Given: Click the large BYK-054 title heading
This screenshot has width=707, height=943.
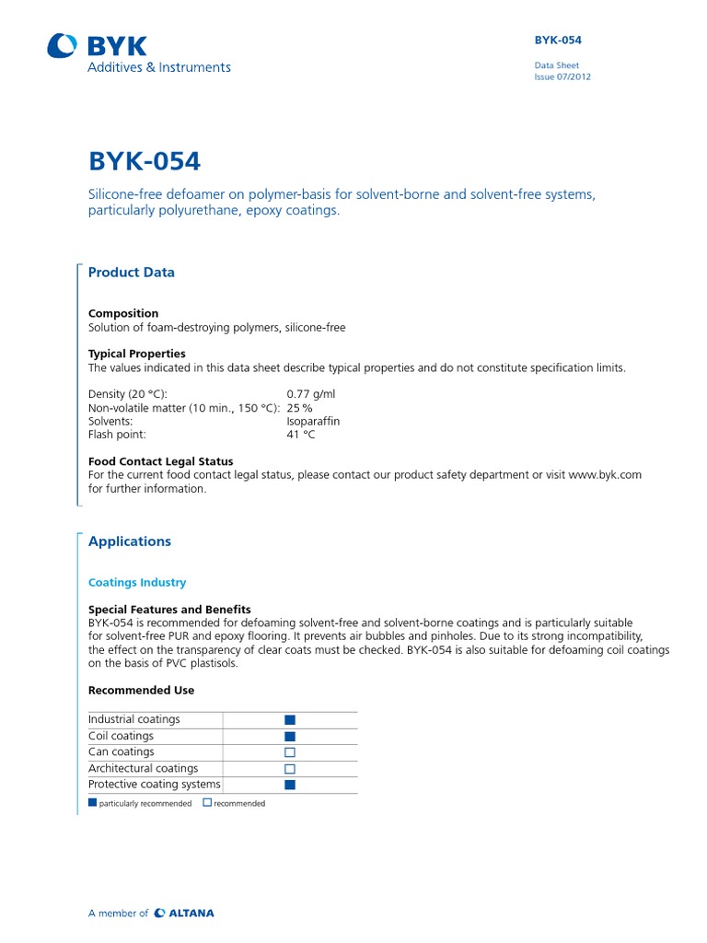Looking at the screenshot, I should pyautogui.click(x=144, y=161).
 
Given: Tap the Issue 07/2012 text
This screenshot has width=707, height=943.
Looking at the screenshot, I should pyautogui.click(x=562, y=77).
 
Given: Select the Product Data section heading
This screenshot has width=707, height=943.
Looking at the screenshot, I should pyautogui.click(x=131, y=273).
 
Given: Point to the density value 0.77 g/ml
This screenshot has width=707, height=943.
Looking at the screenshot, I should pyautogui.click(x=312, y=393).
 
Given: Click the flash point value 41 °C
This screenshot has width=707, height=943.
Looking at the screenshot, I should pyautogui.click(x=300, y=435).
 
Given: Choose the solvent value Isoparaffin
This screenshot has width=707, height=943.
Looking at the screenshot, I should pyautogui.click(x=313, y=421).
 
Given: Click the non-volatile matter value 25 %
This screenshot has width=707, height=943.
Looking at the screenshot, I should pyautogui.click(x=299, y=407).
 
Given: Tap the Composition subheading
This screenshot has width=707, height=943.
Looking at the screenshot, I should pyautogui.click(x=123, y=313).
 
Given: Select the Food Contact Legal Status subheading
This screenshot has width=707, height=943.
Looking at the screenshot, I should pyautogui.click(x=160, y=461).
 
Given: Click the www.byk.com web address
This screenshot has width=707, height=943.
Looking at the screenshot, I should pyautogui.click(x=605, y=475).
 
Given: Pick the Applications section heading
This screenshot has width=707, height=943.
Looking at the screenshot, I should pyautogui.click(x=129, y=541).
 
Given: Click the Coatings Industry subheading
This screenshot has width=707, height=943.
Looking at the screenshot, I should pyautogui.click(x=136, y=583).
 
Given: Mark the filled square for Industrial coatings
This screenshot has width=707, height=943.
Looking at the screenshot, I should pyautogui.click(x=290, y=720).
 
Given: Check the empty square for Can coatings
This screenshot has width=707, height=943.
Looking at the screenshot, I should pyautogui.click(x=290, y=752).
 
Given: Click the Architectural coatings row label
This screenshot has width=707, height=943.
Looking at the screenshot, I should pyautogui.click(x=143, y=768).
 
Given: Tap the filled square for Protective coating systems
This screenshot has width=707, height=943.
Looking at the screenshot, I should pyautogui.click(x=290, y=785).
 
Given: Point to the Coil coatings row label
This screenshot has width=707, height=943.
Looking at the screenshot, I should pyautogui.click(x=121, y=736).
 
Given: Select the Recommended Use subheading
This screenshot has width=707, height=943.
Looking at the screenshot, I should pyautogui.click(x=141, y=690).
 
